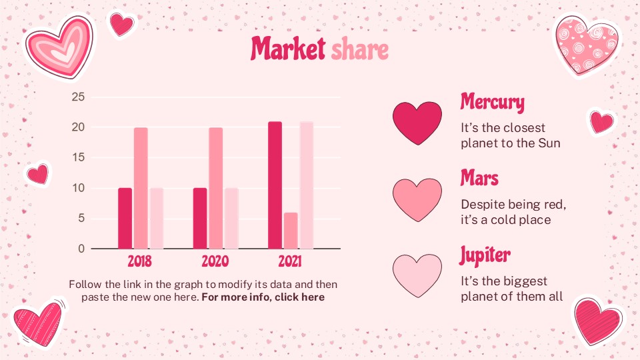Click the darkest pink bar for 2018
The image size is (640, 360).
(125, 218)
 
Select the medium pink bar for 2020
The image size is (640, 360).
(215, 188)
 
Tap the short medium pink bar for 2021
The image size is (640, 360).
(291, 231)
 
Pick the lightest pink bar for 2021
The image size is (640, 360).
(307, 185)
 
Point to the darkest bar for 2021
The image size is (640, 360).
(275, 185)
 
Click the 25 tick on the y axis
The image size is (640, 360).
(78, 97)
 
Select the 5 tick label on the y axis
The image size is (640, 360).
(81, 219)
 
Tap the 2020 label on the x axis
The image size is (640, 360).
(215, 261)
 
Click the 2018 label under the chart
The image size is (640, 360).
(140, 261)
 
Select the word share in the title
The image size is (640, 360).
(359, 49)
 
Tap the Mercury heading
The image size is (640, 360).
(492, 102)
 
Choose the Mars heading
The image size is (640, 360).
(479, 178)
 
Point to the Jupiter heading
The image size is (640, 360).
(485, 254)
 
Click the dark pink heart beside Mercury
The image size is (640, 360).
(417, 123)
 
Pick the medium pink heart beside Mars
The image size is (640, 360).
(417, 199)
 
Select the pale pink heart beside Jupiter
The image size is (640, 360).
(417, 275)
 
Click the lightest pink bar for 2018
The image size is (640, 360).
(156, 218)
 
